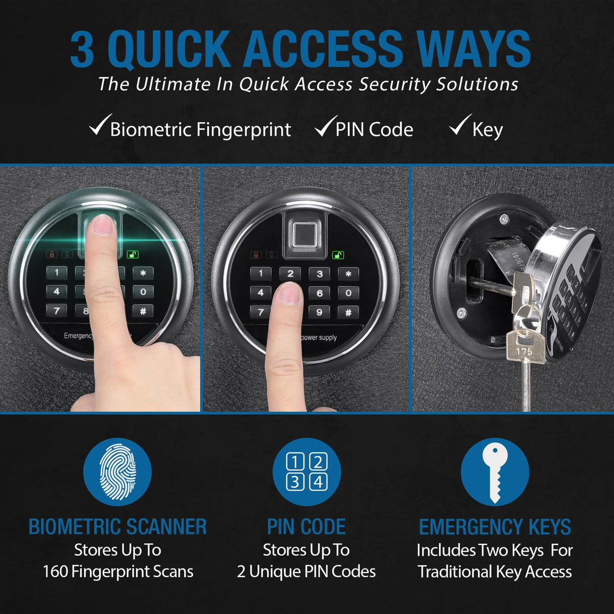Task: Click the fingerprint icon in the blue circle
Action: click(x=117, y=472)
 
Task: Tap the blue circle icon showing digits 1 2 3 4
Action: click(x=306, y=472)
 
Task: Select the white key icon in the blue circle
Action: click(x=495, y=472)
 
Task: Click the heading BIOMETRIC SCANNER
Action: click(x=117, y=527)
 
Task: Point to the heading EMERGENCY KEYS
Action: click(x=495, y=527)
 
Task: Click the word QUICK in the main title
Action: click(x=169, y=49)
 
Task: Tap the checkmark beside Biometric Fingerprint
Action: click(x=100, y=125)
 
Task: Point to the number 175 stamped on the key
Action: click(x=524, y=350)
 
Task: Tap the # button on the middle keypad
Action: click(x=348, y=313)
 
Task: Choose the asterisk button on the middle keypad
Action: click(x=348, y=274)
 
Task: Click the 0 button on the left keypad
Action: click(x=143, y=292)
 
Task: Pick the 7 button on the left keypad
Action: click(x=57, y=311)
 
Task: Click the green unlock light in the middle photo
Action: click(x=338, y=255)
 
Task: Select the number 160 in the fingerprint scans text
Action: click(x=55, y=572)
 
